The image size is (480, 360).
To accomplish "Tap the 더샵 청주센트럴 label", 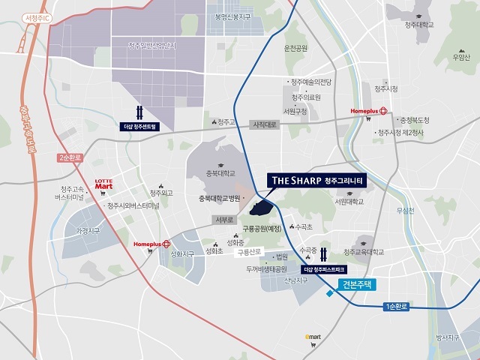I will point(145,127).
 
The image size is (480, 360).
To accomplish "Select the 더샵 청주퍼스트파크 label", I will point(328,268).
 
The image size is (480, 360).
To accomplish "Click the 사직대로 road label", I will point(265,124).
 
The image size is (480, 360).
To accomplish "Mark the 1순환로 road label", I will point(396,307).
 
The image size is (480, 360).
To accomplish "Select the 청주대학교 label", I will point(419,25).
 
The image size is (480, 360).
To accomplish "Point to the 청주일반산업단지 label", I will point(157,45).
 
